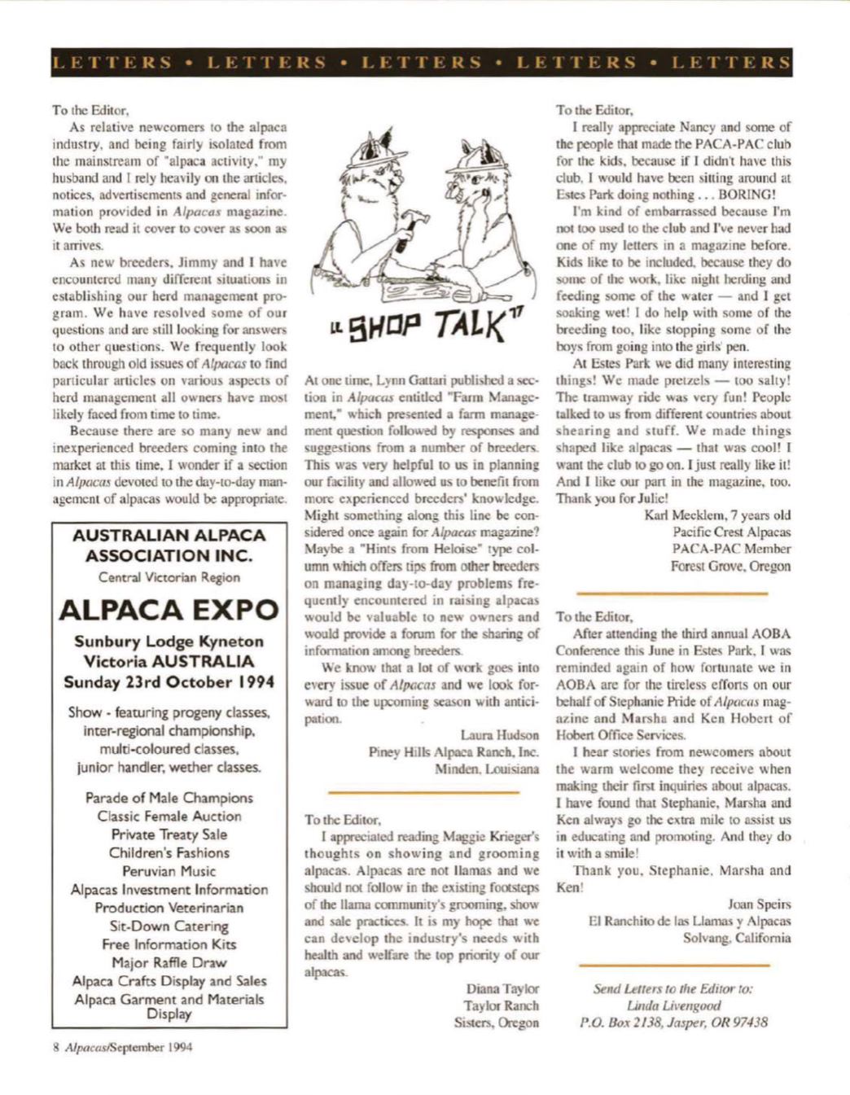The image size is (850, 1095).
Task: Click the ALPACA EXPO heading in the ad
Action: coord(169,609)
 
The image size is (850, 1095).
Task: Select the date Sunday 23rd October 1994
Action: coord(169,681)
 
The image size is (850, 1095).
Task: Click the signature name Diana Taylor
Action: coord(502,988)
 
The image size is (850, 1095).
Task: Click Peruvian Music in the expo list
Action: coord(169,871)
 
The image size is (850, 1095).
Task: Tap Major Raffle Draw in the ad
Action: coord(169,962)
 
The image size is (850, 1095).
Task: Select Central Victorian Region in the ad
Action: coord(169,577)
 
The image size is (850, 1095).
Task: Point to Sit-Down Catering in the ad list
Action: coord(169,926)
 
